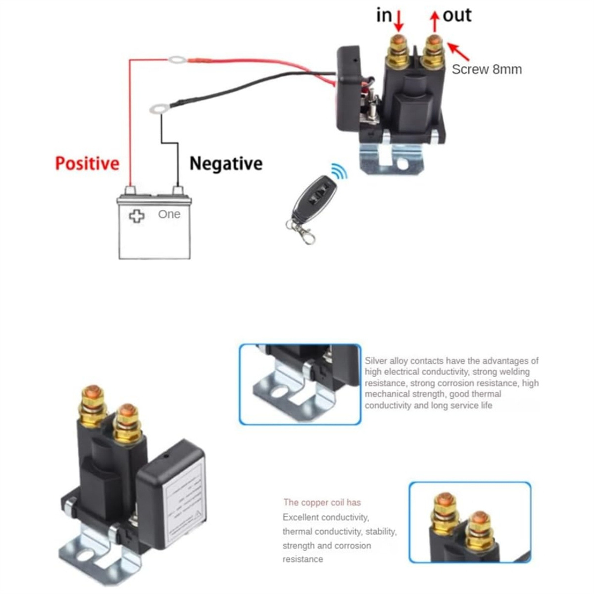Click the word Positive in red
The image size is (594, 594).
(x=87, y=163)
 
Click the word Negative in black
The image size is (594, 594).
(x=226, y=163)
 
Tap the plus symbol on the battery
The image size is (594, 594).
(x=136, y=216)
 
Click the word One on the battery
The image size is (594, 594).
(x=169, y=214)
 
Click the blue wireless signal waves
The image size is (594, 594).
(x=339, y=172)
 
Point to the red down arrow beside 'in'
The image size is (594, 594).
(x=399, y=20)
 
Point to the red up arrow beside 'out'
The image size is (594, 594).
(x=435, y=20)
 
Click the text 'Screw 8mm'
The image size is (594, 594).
(x=487, y=69)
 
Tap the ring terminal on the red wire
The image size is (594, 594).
(x=177, y=60)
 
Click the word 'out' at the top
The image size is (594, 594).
(x=457, y=15)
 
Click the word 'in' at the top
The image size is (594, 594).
(x=384, y=15)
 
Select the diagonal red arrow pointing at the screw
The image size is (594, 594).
(x=458, y=51)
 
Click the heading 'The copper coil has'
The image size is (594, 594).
(x=322, y=502)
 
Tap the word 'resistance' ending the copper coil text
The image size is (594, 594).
(x=303, y=559)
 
